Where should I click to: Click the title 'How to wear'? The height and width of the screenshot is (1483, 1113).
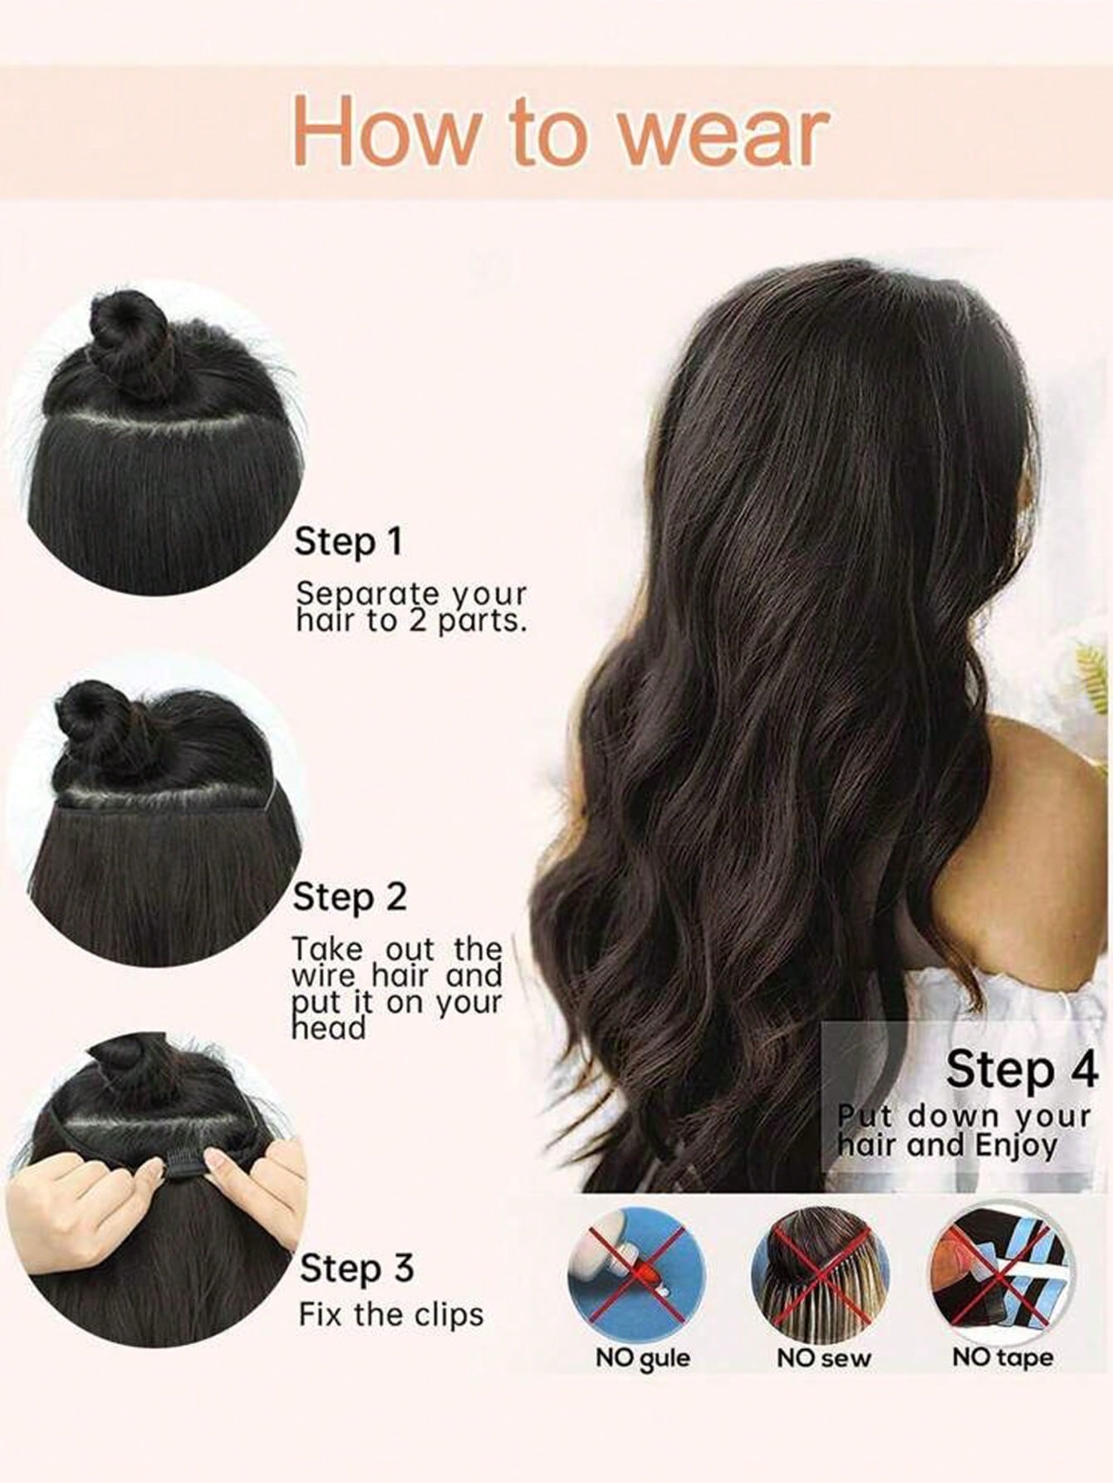[x=561, y=131]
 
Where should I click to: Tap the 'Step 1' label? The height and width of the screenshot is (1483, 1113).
[x=349, y=542]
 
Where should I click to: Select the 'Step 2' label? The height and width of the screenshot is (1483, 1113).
[x=351, y=897]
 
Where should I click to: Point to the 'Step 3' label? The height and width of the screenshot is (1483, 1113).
[x=356, y=1269]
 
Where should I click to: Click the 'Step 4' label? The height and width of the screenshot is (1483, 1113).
[x=1022, y=1068]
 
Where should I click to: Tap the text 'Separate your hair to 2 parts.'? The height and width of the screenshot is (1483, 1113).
[x=412, y=607]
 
